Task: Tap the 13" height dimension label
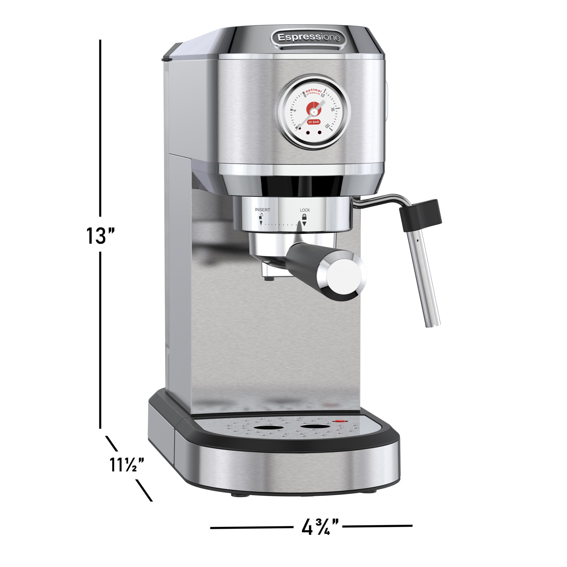tap(100, 235)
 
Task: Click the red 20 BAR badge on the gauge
tap(314, 122)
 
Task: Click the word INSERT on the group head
tap(263, 210)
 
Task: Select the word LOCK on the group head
tap(305, 210)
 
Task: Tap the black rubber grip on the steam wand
tap(420, 215)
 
